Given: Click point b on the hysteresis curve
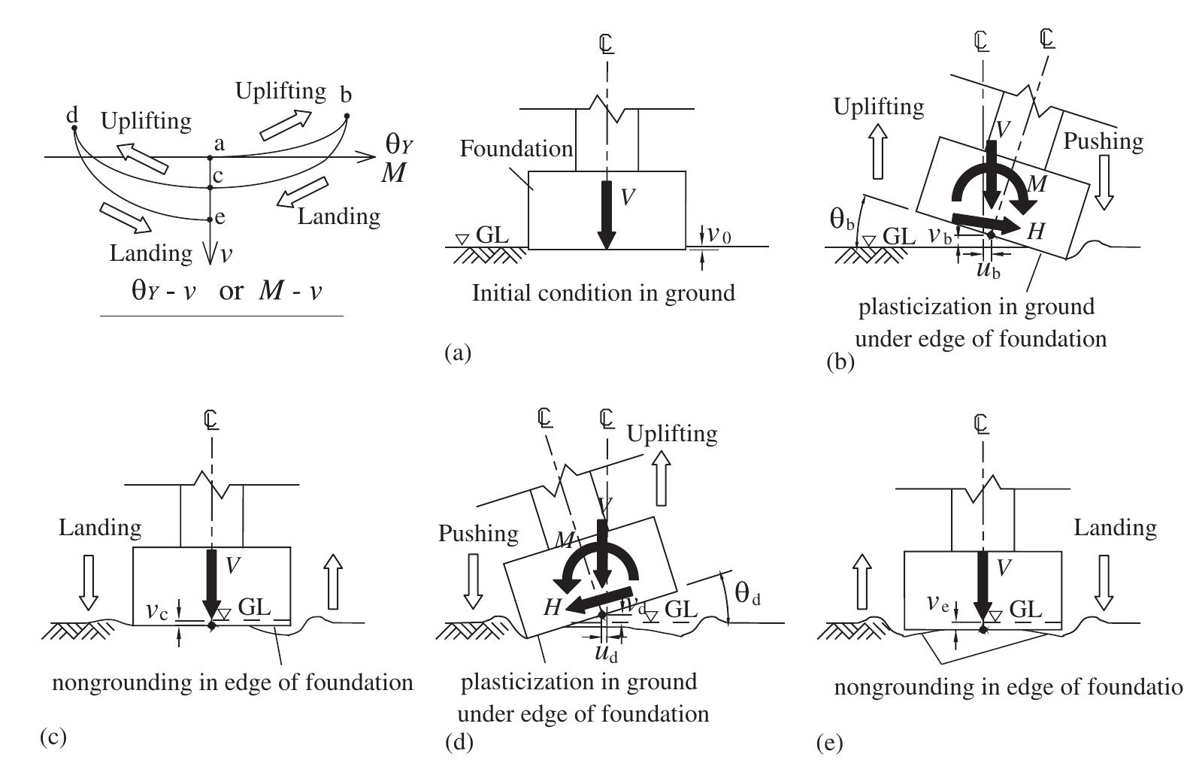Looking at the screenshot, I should (347, 116).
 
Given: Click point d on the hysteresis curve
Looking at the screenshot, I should (74, 128).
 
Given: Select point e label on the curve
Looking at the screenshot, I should (220, 219).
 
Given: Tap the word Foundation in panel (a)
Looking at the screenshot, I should (516, 149).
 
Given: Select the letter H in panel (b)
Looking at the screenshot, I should (1036, 232).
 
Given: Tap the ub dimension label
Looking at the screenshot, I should (988, 270).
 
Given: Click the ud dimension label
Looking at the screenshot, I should (606, 652).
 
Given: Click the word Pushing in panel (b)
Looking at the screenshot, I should (1103, 141).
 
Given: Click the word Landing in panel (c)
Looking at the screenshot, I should (100, 528).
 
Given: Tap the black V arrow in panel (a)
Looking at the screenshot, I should (606, 214).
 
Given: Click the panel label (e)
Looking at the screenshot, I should (829, 744).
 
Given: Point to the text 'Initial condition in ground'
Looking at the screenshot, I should (603, 292).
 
